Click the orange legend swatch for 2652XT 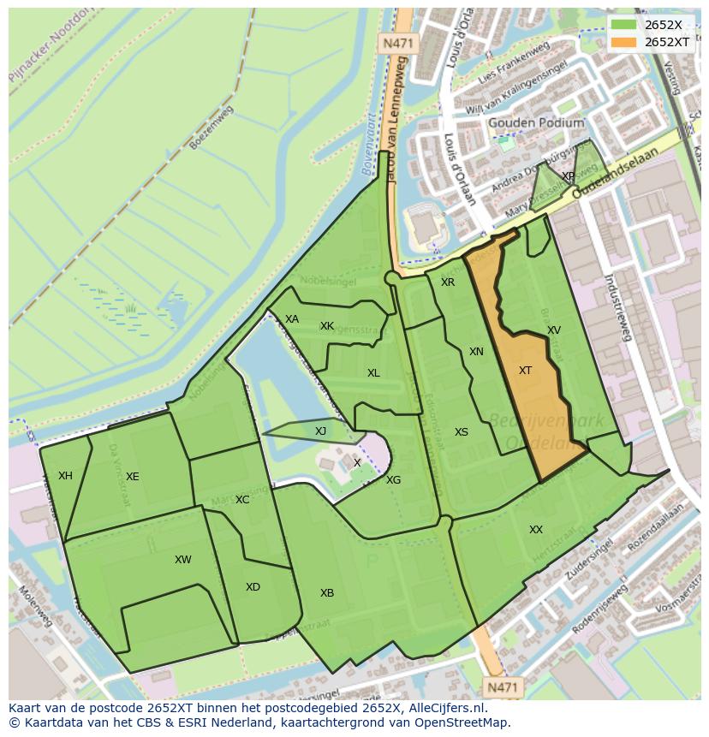point(623,41)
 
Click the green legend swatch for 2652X point(623,24)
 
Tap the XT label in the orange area point(525,371)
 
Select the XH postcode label point(65,476)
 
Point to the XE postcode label point(132,477)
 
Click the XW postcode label point(182,560)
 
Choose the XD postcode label point(253,587)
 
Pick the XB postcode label point(327,593)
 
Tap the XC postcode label point(242,500)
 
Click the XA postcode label point(292,319)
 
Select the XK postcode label point(327,326)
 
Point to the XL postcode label point(373,373)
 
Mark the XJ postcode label point(320,431)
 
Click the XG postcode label point(393,480)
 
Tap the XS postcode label point(462,432)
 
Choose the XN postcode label point(476,352)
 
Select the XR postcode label point(448,282)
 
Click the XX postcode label point(536,530)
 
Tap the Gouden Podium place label point(536,123)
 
